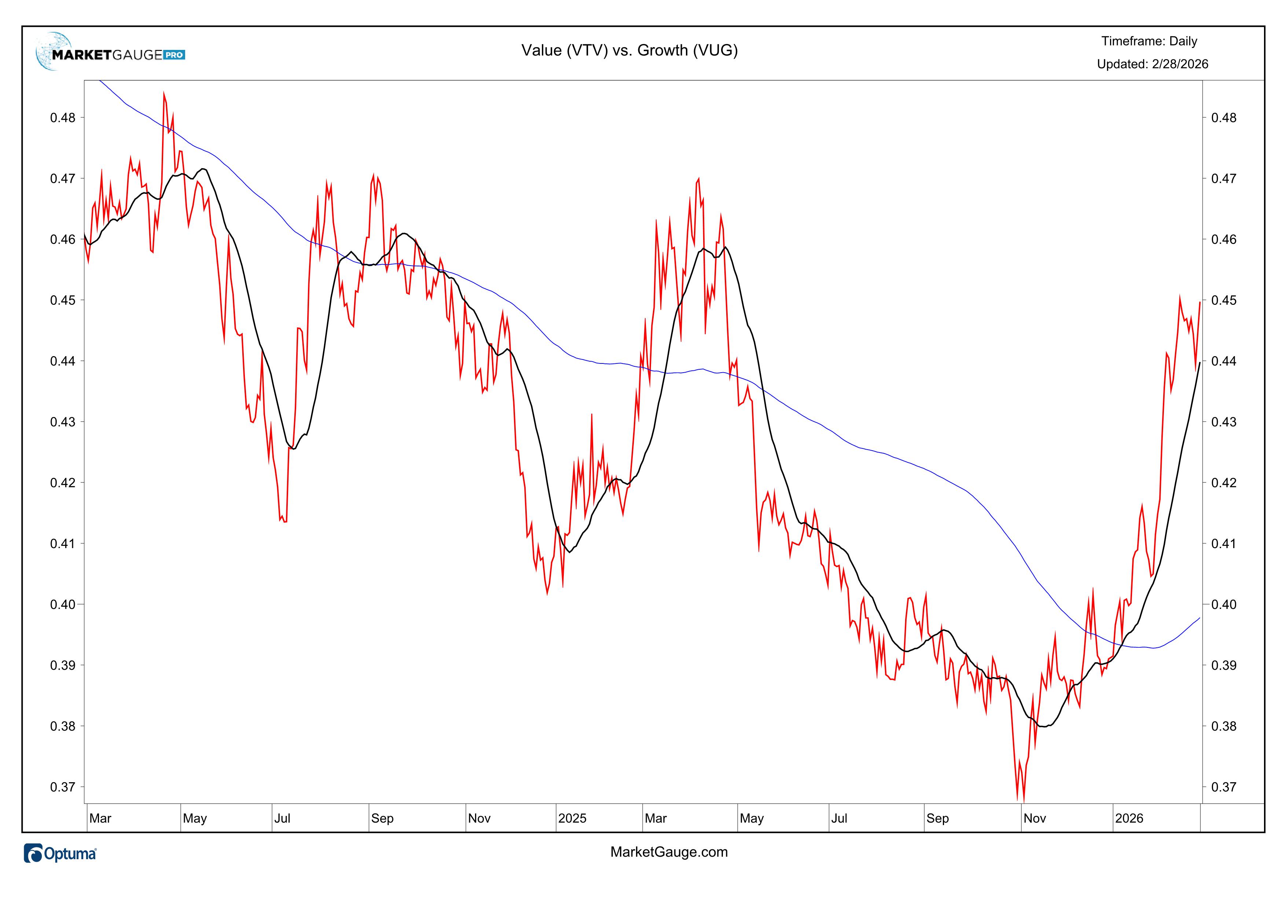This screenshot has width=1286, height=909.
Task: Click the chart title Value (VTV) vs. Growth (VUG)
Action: click(629, 50)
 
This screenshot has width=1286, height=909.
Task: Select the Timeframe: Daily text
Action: click(1149, 41)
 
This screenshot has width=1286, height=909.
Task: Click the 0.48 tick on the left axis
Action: click(63, 118)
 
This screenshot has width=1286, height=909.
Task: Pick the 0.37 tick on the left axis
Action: click(63, 787)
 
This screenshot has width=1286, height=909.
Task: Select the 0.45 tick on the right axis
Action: click(1224, 300)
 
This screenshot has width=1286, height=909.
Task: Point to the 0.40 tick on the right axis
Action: click(1224, 605)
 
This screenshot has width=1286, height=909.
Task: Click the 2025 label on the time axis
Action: click(572, 819)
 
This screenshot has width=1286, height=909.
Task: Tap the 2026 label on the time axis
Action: click(1129, 819)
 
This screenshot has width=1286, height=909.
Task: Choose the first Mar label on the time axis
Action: click(100, 819)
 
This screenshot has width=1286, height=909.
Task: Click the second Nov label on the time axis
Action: click(1035, 819)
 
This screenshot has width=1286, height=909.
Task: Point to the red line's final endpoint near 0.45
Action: click(1199, 302)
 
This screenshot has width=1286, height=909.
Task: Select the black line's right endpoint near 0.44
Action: click(1199, 363)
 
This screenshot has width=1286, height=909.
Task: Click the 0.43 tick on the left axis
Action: click(63, 422)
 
